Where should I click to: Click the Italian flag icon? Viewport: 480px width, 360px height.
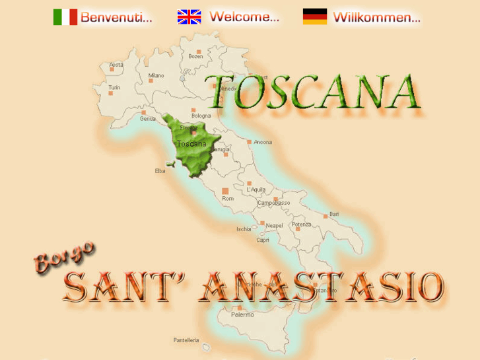(x=65, y=17)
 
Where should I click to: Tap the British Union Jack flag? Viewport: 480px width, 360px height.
(x=189, y=17)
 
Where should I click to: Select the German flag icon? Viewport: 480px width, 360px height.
(x=315, y=17)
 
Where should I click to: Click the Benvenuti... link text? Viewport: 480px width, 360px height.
(x=116, y=18)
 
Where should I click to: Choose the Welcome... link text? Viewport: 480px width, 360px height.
(x=244, y=18)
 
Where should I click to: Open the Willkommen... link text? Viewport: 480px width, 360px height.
(x=377, y=18)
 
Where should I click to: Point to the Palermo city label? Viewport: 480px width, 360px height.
(x=242, y=315)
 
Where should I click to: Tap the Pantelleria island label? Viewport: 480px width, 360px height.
(x=186, y=340)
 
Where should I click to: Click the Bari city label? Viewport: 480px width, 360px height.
(x=334, y=214)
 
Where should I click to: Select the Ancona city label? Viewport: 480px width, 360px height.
(x=263, y=142)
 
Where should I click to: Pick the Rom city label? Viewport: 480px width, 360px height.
(x=228, y=198)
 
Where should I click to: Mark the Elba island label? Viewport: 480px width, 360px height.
(x=160, y=170)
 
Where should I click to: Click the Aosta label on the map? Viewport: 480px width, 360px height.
(x=116, y=65)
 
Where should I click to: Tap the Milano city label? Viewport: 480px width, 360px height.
(x=156, y=75)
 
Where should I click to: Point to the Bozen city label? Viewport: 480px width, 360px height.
(x=196, y=56)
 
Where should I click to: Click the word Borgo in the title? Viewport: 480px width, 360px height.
(x=64, y=257)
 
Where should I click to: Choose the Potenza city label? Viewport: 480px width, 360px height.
(x=302, y=225)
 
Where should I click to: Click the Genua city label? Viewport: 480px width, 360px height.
(x=148, y=119)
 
